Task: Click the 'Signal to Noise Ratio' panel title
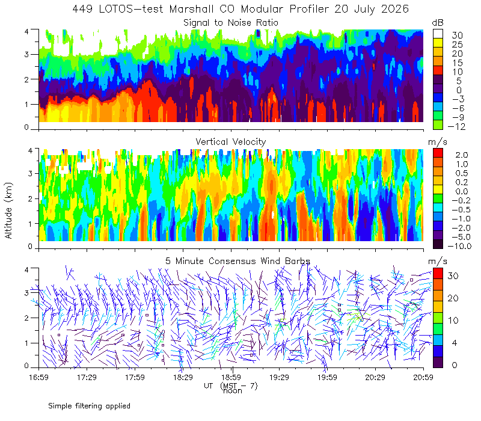click(231, 23)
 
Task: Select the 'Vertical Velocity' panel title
click(231, 142)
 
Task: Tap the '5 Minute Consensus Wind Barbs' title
click(237, 261)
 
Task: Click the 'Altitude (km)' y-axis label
click(8, 210)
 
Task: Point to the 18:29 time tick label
click(183, 377)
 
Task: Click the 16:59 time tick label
click(38, 377)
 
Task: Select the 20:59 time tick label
click(423, 377)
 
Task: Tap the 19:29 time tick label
click(279, 377)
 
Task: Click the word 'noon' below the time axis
click(232, 391)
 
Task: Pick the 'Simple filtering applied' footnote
click(89, 406)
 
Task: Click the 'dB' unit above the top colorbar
click(438, 23)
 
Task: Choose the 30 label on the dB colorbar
click(457, 35)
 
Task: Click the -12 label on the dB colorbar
click(456, 126)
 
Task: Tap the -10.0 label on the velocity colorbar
click(459, 246)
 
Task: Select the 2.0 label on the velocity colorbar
click(462, 155)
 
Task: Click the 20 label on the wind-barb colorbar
click(453, 298)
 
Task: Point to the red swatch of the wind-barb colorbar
click(438, 274)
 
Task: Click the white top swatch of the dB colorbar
click(438, 34)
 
